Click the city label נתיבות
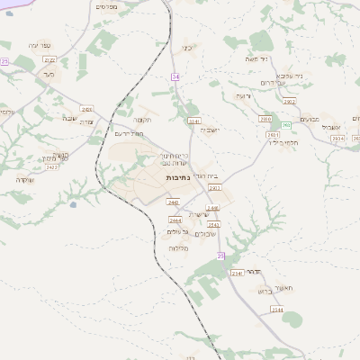point(176,178)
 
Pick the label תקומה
point(141,119)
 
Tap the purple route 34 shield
point(175,77)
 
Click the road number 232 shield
point(4,61)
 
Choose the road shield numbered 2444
point(175,220)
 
